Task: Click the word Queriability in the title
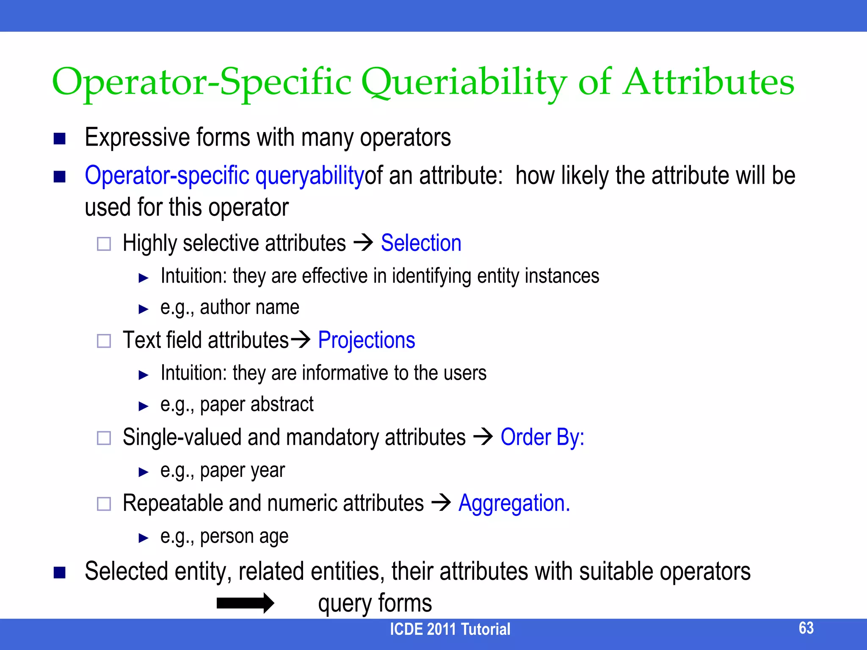coord(464,83)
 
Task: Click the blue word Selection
coord(421,243)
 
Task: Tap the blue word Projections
coord(366,340)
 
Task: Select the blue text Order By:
coord(542,437)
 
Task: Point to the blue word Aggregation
coord(514,504)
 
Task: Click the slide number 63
coord(806,628)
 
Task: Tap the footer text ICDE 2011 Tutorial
coord(450,629)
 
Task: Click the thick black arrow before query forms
coord(245,603)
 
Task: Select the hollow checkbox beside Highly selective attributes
coord(104,244)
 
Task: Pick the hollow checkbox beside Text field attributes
coord(104,341)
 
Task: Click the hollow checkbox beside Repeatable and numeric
coord(104,504)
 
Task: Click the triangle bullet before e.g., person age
coord(144,538)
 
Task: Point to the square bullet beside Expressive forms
coord(60,139)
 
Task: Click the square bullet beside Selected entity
coord(60,573)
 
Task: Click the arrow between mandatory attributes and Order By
coord(483,436)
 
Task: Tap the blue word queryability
coord(309,176)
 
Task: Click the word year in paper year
coord(270,471)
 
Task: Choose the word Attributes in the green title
coord(709,83)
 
